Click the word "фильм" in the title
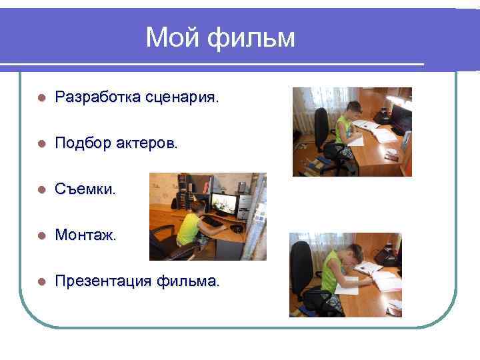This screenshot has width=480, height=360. (x=251, y=38)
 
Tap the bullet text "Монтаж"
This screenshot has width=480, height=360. (x=85, y=235)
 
